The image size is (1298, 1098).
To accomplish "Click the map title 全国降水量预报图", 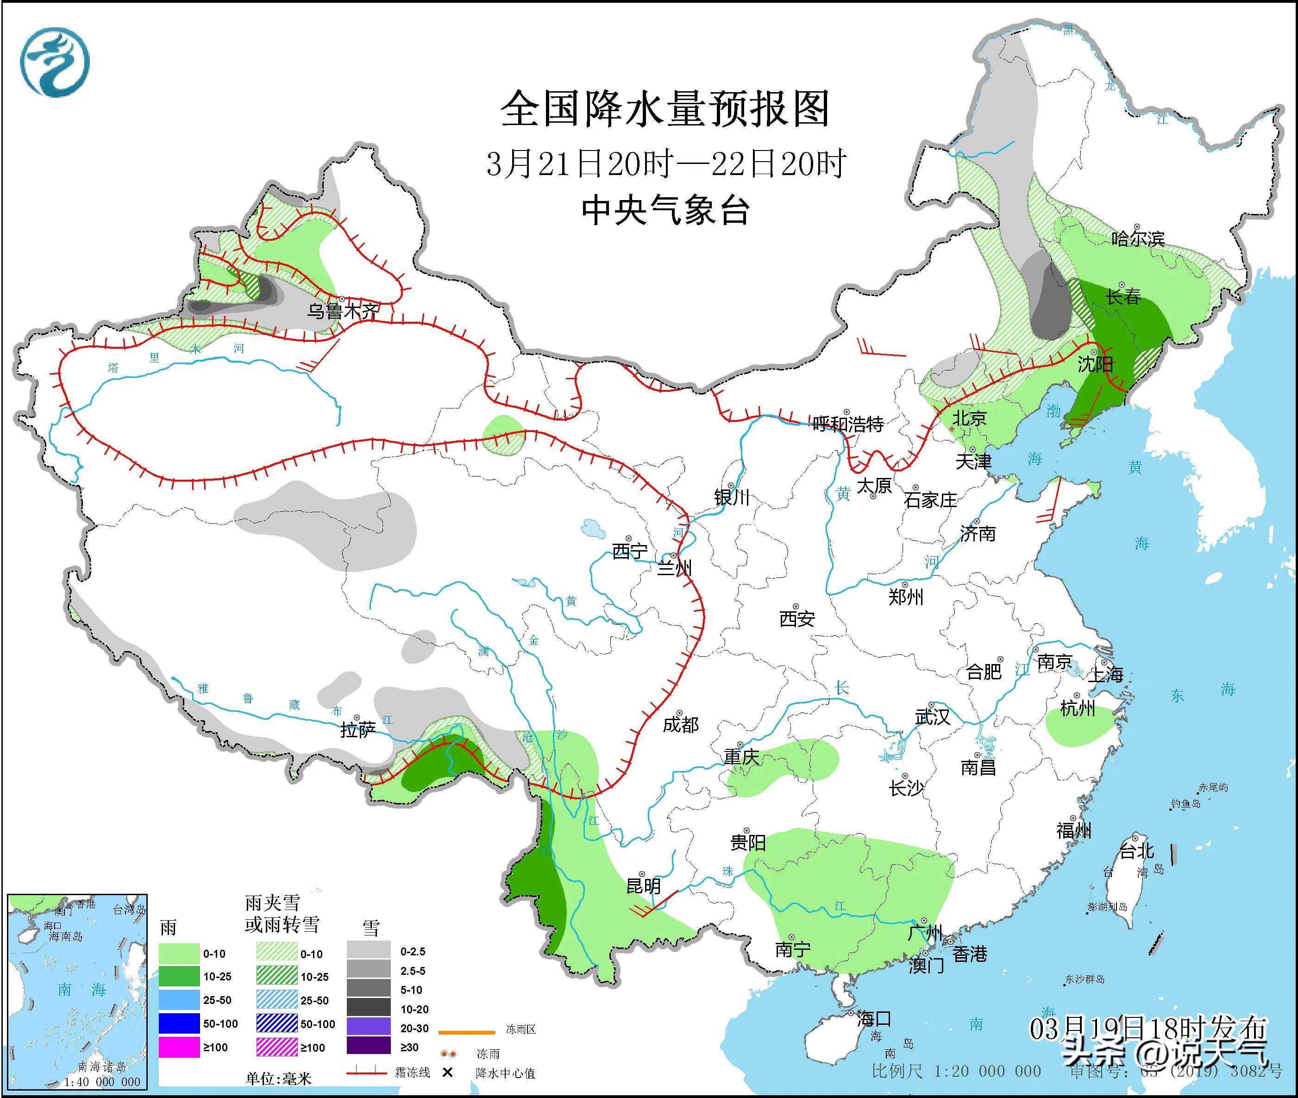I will point(665,109).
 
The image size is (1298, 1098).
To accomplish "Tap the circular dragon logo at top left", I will point(55,62).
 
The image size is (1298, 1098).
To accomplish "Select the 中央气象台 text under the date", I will point(665,210).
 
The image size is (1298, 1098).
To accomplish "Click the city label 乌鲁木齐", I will point(342,311).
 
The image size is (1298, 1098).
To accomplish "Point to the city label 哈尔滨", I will point(1137,238).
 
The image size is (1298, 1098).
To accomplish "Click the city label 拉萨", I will point(357,729).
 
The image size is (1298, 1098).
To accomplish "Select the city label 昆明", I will point(643,885).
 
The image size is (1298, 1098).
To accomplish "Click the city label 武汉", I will point(932,717).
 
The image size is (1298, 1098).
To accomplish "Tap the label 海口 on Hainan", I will point(874,1019).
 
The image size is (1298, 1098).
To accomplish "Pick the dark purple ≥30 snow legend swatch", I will point(369,1046).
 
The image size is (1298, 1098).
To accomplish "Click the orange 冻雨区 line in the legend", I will point(466,1031).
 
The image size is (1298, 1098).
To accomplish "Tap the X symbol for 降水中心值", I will point(447,1073).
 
